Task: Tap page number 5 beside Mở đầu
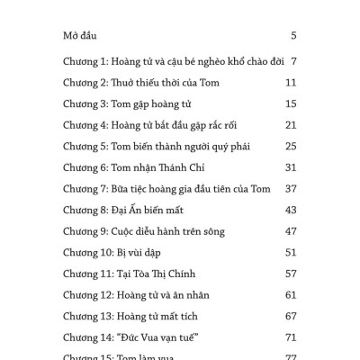293,36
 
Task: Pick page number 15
290,103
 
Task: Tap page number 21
290,125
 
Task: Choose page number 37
290,189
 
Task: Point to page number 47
290,231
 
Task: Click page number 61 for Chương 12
290,295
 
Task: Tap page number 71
290,337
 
